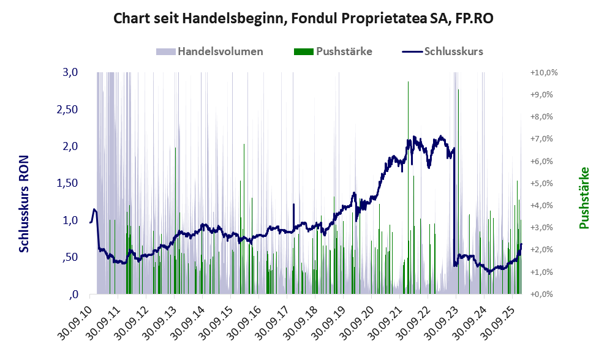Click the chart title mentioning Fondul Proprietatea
(x=304, y=19)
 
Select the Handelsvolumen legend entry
(x=221, y=51)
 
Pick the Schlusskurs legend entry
(x=453, y=51)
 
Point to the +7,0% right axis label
(x=543, y=139)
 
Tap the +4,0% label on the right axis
(x=543, y=205)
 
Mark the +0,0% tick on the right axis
(x=543, y=294)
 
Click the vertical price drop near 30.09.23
(x=454, y=208)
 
